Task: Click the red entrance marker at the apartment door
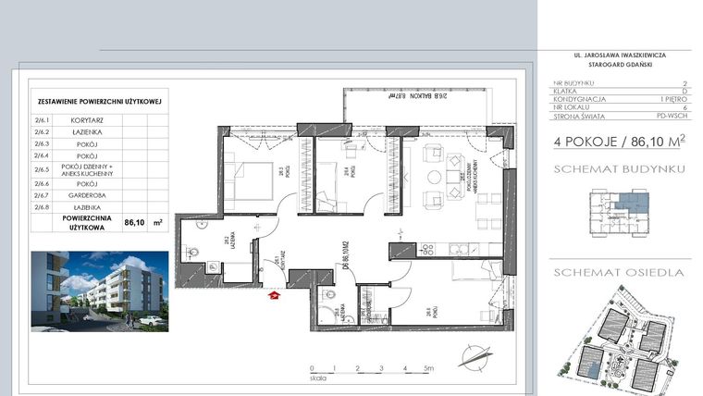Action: coord(273,296)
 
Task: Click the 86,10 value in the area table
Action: coord(135,222)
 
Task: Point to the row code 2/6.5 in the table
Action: coord(42,170)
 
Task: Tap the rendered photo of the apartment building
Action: coord(100,290)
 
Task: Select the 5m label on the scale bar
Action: coord(428,368)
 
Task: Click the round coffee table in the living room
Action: coord(433,177)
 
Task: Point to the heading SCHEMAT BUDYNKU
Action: coord(606,169)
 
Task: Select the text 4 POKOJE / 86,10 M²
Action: coord(620,142)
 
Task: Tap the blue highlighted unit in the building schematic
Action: coord(634,201)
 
